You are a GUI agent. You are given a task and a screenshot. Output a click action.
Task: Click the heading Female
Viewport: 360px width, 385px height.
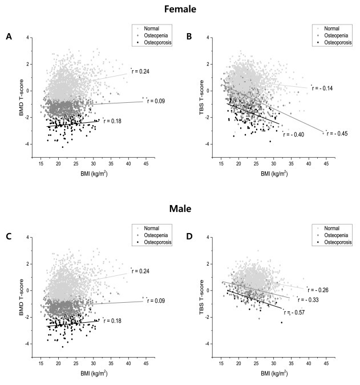tap(180, 10)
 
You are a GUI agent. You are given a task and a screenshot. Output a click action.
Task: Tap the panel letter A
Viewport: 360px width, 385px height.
tap(9, 37)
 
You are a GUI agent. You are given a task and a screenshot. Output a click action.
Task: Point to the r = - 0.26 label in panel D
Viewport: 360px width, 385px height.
tap(318, 290)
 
